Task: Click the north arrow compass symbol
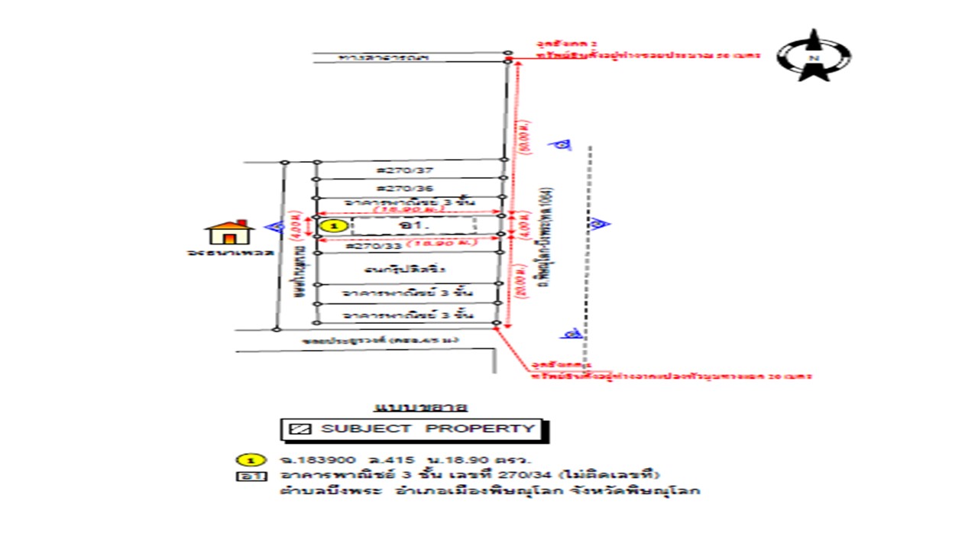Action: pyautogui.click(x=814, y=56)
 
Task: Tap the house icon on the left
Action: pyautogui.click(x=229, y=232)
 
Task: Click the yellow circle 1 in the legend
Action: pyautogui.click(x=251, y=460)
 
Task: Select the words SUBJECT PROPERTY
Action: pyautogui.click(x=428, y=429)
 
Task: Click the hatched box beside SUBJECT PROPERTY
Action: pyautogui.click(x=303, y=429)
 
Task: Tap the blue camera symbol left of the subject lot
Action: pyautogui.click(x=277, y=226)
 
